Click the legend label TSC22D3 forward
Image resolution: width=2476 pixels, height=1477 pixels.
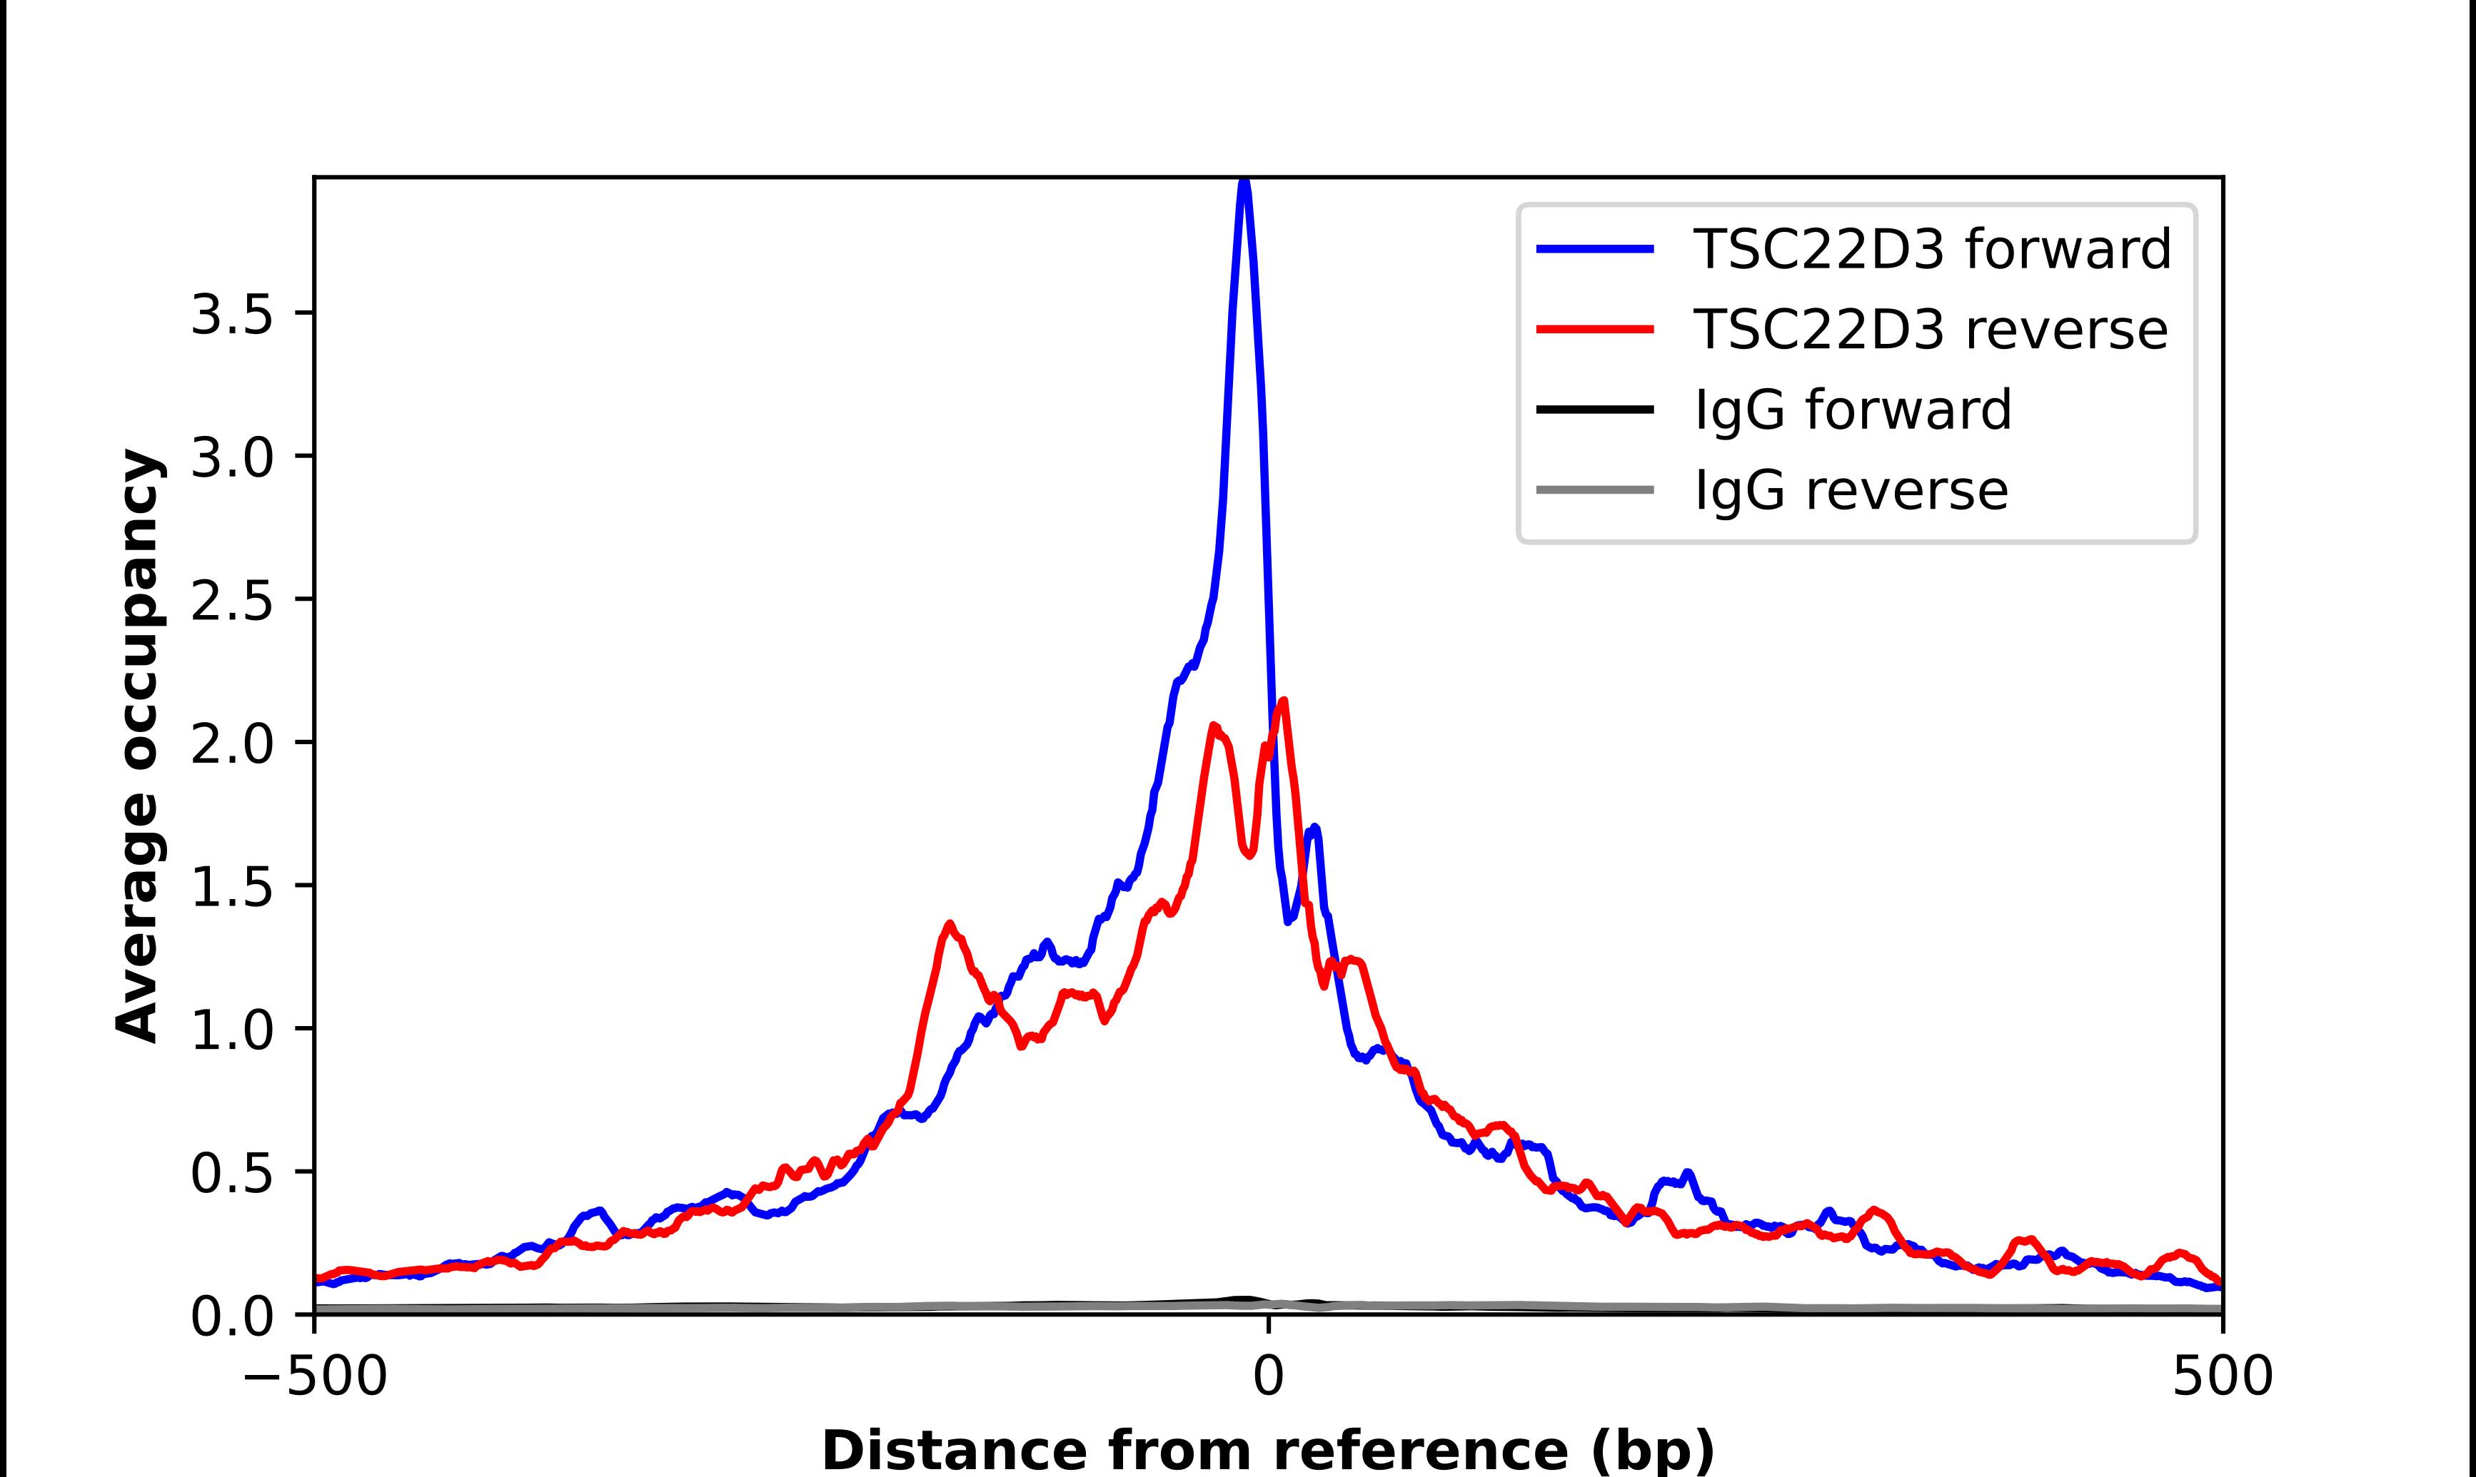tap(1931, 249)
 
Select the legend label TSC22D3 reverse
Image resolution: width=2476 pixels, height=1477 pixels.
tap(1929, 330)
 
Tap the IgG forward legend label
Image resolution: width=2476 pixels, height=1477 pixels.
tap(1852, 410)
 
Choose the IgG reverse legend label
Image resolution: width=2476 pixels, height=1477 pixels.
tap(1850, 491)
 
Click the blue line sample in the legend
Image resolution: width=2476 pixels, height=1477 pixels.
tap(1595, 249)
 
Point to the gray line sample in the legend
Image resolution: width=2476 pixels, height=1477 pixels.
tap(1595, 489)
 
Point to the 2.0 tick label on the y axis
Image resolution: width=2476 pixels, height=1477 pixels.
tap(231, 744)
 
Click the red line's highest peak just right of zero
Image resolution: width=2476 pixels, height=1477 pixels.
tap(1283, 701)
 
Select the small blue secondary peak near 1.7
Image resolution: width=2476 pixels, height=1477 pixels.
tap(1315, 828)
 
